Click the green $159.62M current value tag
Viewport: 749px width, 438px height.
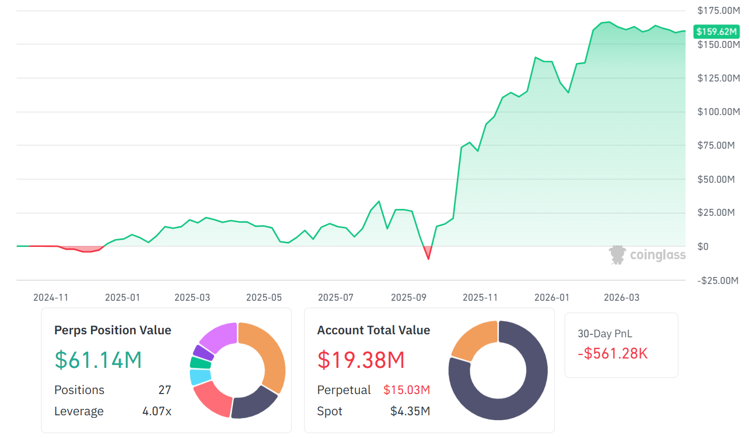(716, 32)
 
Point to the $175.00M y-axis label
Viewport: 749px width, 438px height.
(718, 10)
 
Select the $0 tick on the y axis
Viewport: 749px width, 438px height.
(703, 246)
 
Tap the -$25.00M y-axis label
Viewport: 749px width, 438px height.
(717, 280)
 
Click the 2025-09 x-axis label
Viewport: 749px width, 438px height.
(408, 297)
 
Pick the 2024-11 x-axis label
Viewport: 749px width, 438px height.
(50, 297)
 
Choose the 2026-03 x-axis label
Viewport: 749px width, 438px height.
(621, 297)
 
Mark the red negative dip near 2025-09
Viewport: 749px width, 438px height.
(428, 252)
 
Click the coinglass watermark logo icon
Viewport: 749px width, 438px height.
(617, 255)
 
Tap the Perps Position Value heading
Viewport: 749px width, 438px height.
(113, 330)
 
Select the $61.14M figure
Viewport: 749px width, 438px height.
(98, 360)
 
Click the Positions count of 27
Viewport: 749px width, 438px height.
(165, 390)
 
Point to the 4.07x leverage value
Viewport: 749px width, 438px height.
(157, 411)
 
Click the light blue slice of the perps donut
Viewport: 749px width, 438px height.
(200, 377)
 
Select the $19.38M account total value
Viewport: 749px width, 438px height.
(361, 360)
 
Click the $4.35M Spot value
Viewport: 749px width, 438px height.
(410, 411)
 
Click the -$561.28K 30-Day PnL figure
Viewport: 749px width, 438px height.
(613, 354)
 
